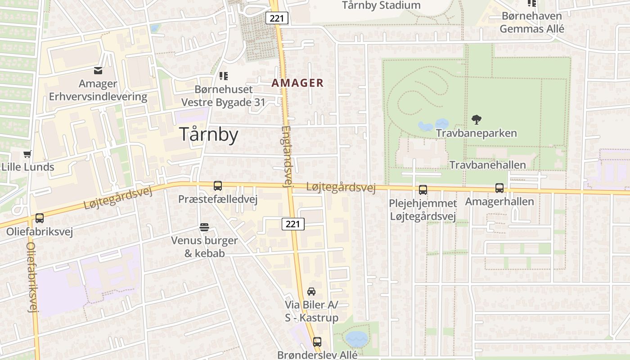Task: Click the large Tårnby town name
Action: click(x=209, y=135)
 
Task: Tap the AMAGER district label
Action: click(x=297, y=83)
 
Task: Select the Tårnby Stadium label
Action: click(x=381, y=5)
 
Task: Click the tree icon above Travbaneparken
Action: click(x=476, y=120)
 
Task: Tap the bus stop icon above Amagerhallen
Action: click(x=499, y=188)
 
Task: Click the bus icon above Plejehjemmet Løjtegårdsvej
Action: click(x=423, y=190)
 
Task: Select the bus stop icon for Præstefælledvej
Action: click(x=218, y=186)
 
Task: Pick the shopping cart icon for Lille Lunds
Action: click(x=27, y=154)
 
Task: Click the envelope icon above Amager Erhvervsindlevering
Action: click(x=98, y=71)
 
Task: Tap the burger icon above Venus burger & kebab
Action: click(x=204, y=227)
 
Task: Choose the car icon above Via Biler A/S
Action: click(x=311, y=292)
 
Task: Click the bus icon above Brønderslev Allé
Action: click(x=317, y=342)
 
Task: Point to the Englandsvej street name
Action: click(x=287, y=156)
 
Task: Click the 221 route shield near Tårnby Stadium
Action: click(x=277, y=18)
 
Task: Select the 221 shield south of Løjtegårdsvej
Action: click(x=293, y=224)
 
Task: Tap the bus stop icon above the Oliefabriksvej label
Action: click(x=40, y=219)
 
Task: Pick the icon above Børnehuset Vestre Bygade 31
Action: click(x=224, y=76)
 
